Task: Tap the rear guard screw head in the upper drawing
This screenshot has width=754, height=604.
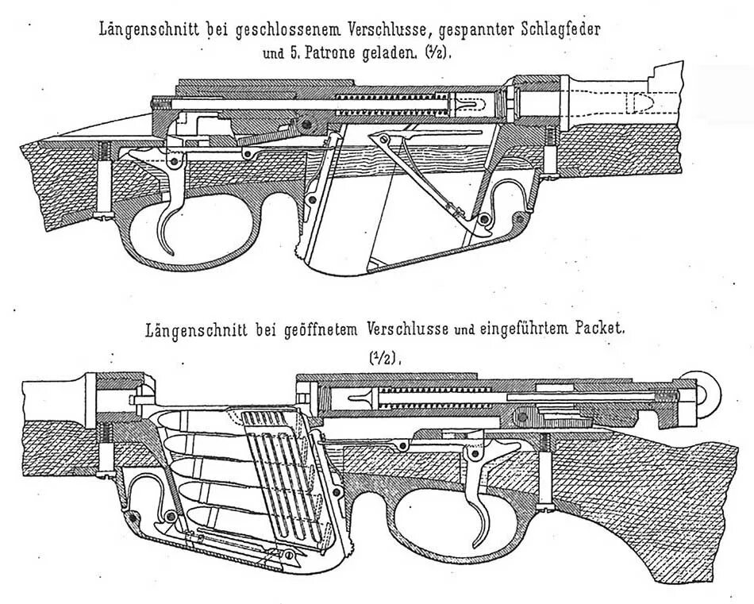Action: coord(103,215)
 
